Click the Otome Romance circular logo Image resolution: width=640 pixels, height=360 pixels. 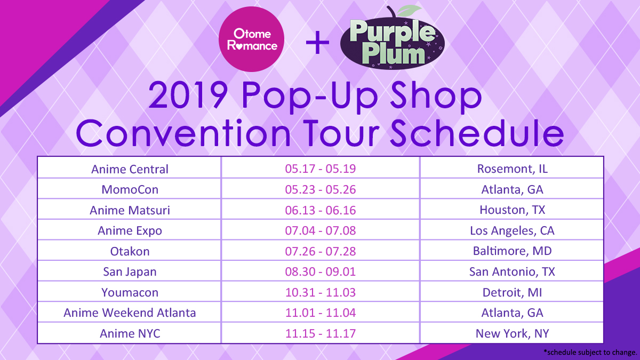click(251, 39)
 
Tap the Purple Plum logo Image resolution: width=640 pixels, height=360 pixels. click(393, 38)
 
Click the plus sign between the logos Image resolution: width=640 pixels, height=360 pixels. click(317, 43)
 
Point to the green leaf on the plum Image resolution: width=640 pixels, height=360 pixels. click(409, 10)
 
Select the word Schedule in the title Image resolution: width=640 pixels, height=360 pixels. click(477, 133)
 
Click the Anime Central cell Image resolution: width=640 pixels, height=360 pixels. click(130, 169)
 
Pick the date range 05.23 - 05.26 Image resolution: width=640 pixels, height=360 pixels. click(321, 189)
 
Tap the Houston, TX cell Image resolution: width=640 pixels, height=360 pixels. click(513, 210)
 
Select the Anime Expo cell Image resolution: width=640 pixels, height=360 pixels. click(130, 231)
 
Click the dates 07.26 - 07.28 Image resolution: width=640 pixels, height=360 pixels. click(321, 251)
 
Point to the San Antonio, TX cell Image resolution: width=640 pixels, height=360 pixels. click(513, 271)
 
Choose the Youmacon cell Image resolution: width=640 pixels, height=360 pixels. click(130, 293)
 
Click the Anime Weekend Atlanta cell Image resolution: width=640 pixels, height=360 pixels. click(130, 313)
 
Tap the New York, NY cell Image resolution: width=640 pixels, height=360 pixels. click(513, 333)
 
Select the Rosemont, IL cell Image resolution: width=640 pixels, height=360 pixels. click(513, 169)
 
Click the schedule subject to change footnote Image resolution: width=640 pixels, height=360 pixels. click(590, 352)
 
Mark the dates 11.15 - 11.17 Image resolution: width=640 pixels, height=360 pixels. click(321, 333)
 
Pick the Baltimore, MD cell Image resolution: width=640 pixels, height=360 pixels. click(513, 251)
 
